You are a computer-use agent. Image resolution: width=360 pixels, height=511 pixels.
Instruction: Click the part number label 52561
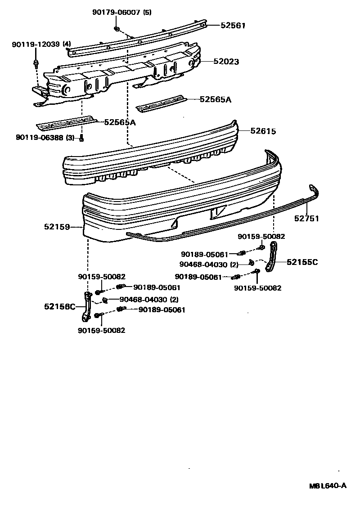point(233,26)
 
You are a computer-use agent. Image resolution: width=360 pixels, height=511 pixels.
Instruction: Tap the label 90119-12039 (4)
point(42,44)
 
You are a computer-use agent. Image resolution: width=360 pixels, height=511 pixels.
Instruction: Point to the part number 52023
point(226,62)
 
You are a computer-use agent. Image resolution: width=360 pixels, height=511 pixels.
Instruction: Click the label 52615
point(263,131)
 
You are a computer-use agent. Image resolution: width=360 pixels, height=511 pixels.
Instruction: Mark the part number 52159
point(57,227)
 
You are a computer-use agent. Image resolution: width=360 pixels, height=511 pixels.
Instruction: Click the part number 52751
point(306,219)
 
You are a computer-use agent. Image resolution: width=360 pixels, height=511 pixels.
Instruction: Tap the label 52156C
point(59,306)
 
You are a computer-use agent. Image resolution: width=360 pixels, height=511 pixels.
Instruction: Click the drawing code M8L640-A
point(327,485)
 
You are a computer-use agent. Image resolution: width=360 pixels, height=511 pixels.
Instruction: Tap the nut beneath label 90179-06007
point(116,29)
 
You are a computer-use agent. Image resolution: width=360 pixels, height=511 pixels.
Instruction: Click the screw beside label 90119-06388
point(81,138)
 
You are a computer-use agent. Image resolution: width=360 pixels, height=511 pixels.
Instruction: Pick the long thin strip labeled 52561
point(139,40)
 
